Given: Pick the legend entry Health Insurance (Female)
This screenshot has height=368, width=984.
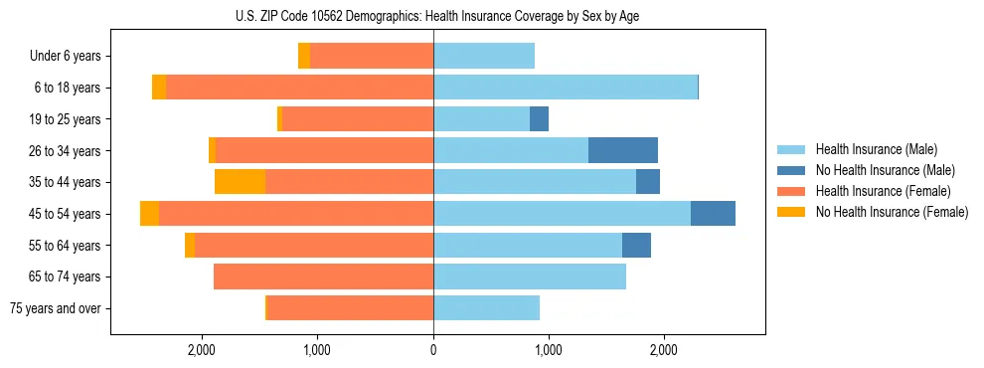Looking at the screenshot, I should click(x=883, y=191).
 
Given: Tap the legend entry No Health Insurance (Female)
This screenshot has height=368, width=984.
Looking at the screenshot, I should click(x=892, y=212).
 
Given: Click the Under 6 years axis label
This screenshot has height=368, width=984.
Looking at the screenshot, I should click(x=66, y=57).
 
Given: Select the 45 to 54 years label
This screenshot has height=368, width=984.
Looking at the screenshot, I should click(x=66, y=214).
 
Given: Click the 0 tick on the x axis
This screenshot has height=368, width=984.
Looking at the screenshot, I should click(x=433, y=350).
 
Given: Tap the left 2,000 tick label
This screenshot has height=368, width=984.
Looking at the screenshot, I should click(x=202, y=350).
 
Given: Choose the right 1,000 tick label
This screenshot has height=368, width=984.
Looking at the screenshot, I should click(x=549, y=350).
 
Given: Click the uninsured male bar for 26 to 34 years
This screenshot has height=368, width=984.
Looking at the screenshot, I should click(x=623, y=150).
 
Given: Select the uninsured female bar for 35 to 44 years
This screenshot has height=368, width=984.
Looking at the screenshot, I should click(x=240, y=182).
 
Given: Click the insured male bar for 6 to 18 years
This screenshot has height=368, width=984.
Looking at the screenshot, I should click(x=566, y=88).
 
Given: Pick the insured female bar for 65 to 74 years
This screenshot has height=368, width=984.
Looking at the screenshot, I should click(x=323, y=276).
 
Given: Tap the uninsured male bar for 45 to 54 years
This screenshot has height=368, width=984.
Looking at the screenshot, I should click(x=713, y=214).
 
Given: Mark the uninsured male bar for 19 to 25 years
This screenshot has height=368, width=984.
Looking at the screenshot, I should click(x=539, y=119).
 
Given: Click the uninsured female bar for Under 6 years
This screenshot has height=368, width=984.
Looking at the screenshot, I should click(x=304, y=56).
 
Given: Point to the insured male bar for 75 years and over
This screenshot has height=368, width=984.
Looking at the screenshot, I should click(x=486, y=308).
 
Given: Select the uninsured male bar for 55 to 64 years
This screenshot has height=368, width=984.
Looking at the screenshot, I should click(x=636, y=245).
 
